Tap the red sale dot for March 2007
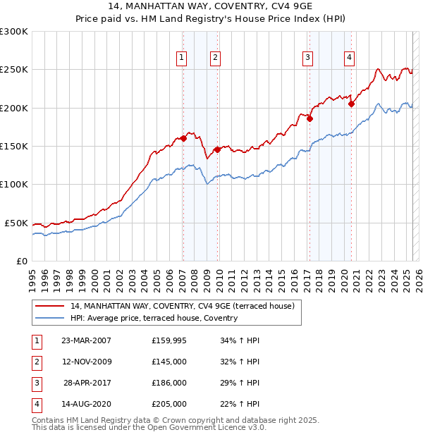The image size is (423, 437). (183, 138)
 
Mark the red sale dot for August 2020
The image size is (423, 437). (351, 104)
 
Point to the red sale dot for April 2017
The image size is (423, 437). (309, 118)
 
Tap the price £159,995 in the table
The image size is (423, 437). (169, 340)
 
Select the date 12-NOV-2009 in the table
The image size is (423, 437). (87, 362)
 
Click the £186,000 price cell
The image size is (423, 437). (169, 383)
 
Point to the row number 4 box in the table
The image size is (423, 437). (37, 404)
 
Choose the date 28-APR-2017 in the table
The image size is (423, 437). (87, 383)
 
